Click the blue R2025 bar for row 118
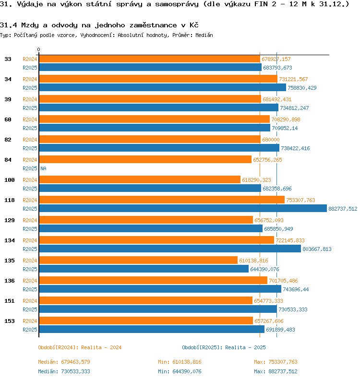(x=183, y=209)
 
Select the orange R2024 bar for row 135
(x=138, y=260)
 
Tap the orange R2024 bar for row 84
(x=145, y=159)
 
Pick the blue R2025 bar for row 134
(x=170, y=249)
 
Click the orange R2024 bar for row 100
(x=140, y=179)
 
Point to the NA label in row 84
(x=43, y=168)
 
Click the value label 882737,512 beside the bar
(x=343, y=209)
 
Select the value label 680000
(x=271, y=140)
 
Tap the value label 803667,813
(x=317, y=249)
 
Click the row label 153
(x=9, y=321)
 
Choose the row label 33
(x=8, y=59)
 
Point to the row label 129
(x=9, y=220)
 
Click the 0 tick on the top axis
(x=39, y=50)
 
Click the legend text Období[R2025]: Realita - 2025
(x=224, y=347)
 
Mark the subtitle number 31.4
(x=8, y=25)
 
